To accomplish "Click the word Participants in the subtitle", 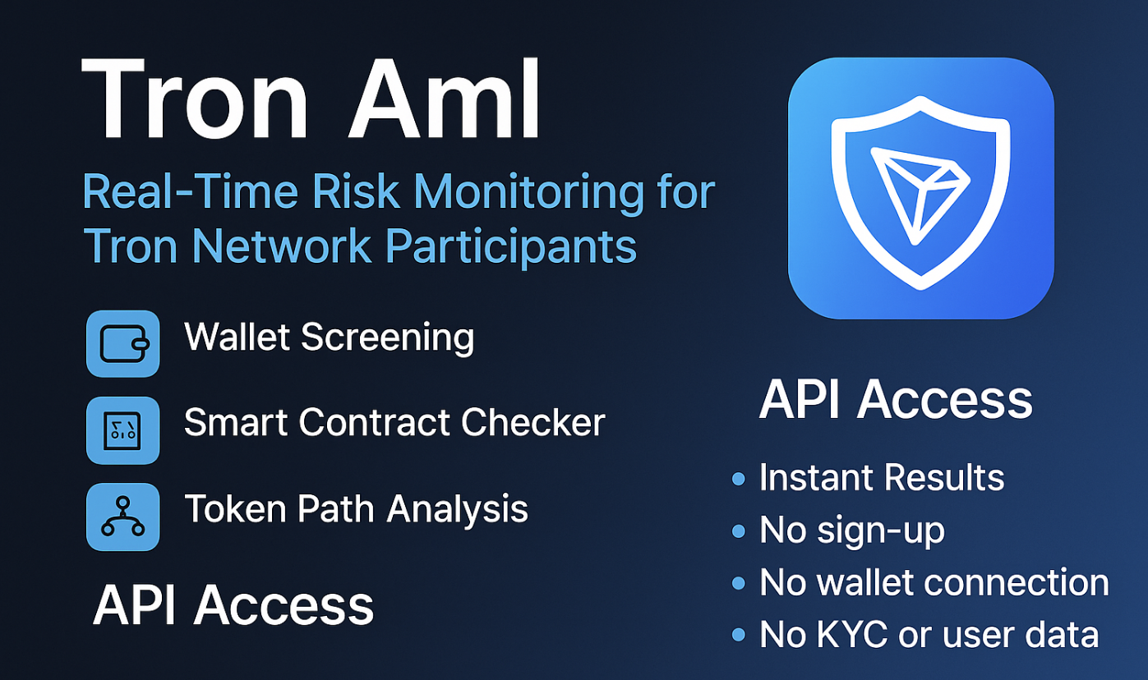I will (x=511, y=245).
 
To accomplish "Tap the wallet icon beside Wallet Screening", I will (x=123, y=343).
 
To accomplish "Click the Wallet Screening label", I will (x=329, y=338).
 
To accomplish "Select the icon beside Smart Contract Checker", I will (x=123, y=430).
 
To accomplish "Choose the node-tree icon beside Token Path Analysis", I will (x=123, y=517).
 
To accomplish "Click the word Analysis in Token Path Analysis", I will (x=458, y=509).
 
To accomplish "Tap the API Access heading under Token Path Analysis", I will (x=233, y=606).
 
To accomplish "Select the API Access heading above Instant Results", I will (x=896, y=400).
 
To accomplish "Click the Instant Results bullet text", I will (x=881, y=478).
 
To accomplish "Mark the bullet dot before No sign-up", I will (x=738, y=531).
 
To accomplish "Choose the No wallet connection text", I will (x=934, y=582).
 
